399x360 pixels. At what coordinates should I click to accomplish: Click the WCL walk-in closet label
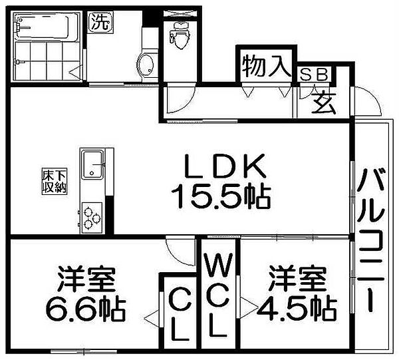tap(218, 297)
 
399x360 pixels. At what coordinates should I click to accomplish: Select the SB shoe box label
tap(315, 75)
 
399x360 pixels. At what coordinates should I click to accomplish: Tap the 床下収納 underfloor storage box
tap(55, 181)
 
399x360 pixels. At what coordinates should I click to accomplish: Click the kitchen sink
tap(92, 164)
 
